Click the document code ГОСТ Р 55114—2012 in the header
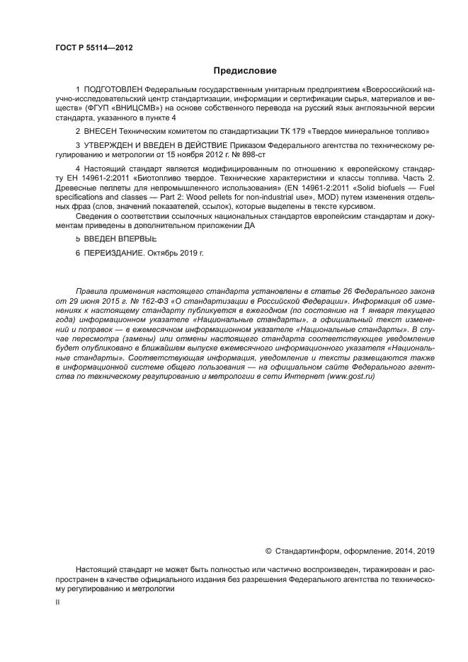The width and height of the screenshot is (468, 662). click(x=93, y=47)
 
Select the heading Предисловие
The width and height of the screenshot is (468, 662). click(x=245, y=70)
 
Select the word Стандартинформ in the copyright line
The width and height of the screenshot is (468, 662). click(x=307, y=550)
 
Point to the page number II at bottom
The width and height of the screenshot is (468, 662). click(x=57, y=601)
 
